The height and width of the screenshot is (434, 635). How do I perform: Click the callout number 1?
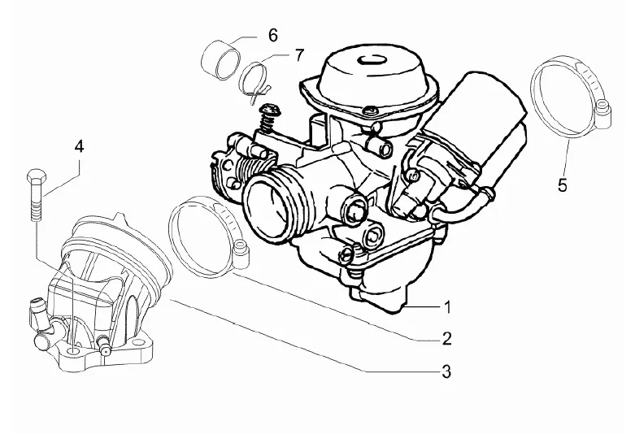[446, 307]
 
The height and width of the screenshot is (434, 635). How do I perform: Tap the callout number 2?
[446, 337]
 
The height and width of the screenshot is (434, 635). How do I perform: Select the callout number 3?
[446, 372]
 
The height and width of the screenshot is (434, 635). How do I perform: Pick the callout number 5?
[562, 185]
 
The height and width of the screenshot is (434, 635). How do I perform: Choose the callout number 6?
[272, 35]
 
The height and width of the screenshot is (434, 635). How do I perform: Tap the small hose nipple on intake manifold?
[36, 309]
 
